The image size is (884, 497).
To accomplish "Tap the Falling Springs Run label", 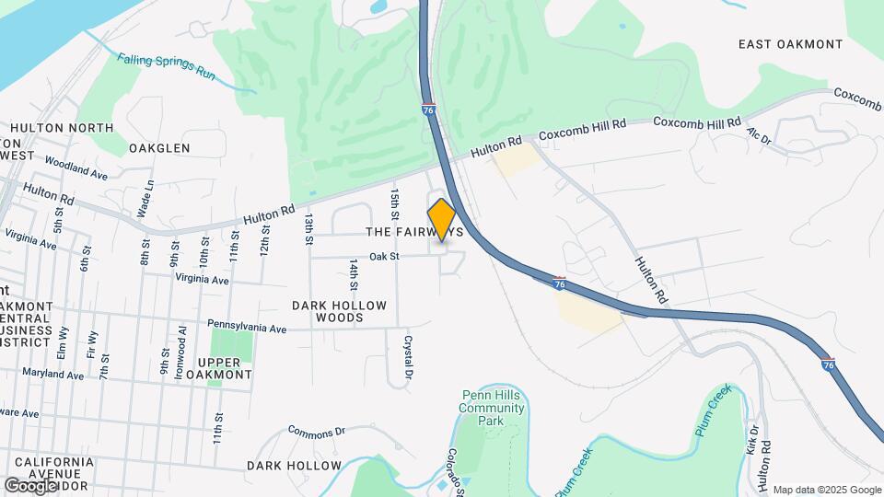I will pos(166,67).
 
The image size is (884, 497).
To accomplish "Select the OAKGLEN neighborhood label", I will pos(159,147).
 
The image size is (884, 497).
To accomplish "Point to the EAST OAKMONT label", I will pos(790,44).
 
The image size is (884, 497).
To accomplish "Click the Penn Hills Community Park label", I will pos(493,408).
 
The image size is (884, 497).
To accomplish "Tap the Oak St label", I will pos(385,257).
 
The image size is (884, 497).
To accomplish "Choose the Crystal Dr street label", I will pos(407,360).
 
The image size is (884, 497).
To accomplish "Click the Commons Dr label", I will pos(316,431).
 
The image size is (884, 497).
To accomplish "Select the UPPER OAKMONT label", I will pos(218,367).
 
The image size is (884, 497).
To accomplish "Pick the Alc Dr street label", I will pos(758,136).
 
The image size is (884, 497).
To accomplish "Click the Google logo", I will pos(30,485).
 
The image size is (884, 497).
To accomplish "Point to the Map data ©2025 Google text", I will pos(826,490).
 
